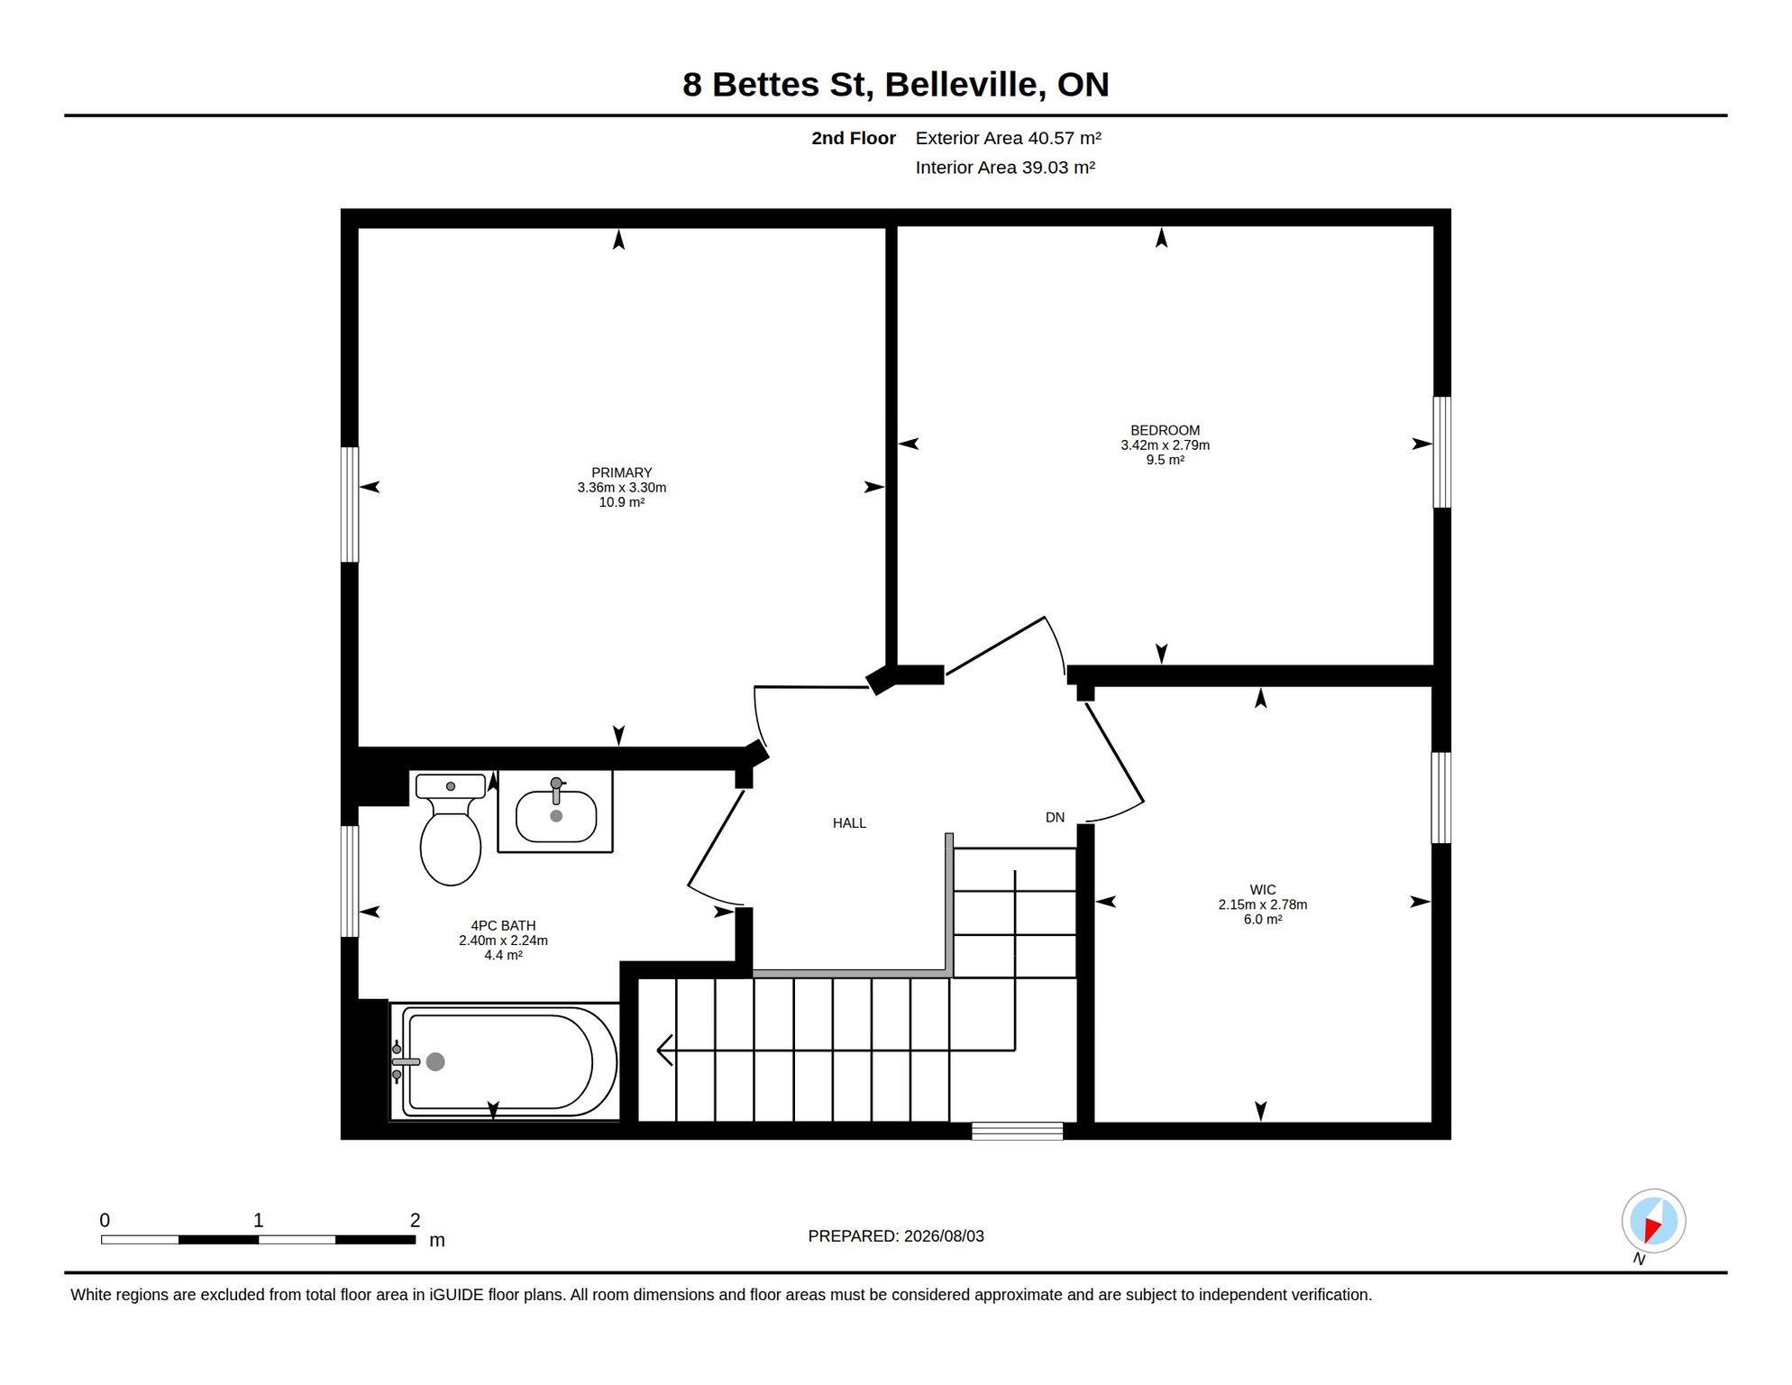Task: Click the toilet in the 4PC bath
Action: coord(451,830)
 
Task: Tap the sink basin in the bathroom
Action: coord(556,816)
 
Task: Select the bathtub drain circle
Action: coord(435,1062)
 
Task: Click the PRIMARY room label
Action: coord(622,472)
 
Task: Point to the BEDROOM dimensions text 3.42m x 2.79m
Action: coord(1166,445)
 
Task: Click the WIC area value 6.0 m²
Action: coord(1263,920)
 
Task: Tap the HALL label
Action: coord(849,823)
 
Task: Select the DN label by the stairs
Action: coord(1055,818)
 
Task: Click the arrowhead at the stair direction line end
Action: coord(665,1050)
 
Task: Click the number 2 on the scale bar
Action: coord(415,1221)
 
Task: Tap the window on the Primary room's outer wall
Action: coord(350,505)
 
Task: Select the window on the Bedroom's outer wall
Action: coord(1442,453)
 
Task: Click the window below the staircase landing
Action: coord(1018,1131)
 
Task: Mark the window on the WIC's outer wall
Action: coord(1441,798)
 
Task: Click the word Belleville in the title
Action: coord(965,85)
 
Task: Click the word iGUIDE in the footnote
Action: coord(456,1295)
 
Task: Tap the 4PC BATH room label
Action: coord(503,926)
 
